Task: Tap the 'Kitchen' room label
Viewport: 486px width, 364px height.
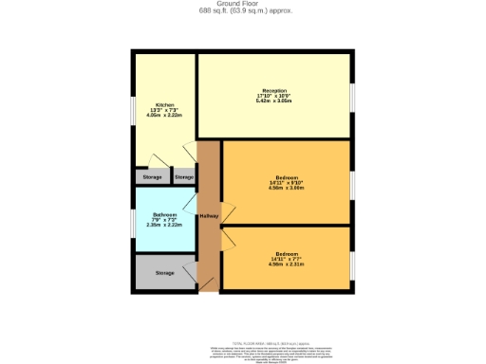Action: (x=164, y=105)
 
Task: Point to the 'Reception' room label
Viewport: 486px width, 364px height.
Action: (x=274, y=90)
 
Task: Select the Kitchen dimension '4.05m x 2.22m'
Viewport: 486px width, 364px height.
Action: (x=164, y=117)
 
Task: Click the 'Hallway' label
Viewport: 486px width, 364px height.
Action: (x=209, y=216)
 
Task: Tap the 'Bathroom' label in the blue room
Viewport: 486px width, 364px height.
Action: (x=164, y=215)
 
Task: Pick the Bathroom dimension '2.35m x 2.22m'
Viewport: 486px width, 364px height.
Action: (x=164, y=226)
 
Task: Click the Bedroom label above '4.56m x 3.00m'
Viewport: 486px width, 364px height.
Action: (x=288, y=177)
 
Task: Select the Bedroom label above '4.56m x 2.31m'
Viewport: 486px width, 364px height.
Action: (x=288, y=254)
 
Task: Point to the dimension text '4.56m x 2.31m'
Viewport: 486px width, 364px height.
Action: (x=288, y=264)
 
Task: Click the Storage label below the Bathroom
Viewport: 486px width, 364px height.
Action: (x=165, y=273)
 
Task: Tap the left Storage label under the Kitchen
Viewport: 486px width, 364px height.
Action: (x=152, y=177)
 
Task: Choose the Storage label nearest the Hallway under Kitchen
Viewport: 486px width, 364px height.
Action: (x=184, y=177)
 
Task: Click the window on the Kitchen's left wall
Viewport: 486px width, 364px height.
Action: (x=134, y=111)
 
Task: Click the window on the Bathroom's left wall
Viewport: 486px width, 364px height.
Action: (x=134, y=220)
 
